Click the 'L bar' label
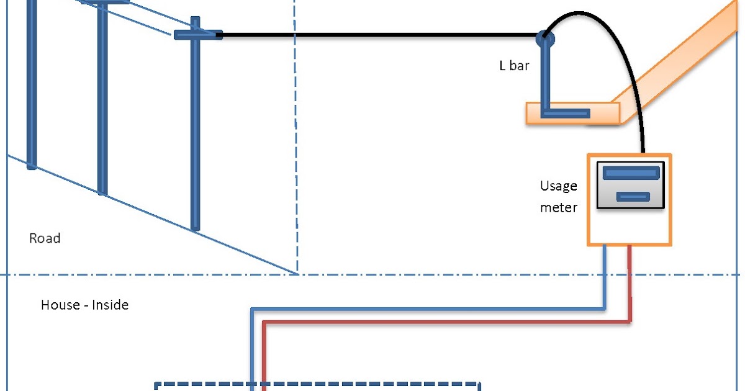pos(514,66)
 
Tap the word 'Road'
pos(45,238)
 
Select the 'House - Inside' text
pos(85,305)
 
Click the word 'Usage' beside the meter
pos(558,186)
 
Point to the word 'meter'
pos(559,207)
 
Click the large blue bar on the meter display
pos(631,173)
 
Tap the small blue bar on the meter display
pos(633,197)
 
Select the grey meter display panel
pos(631,185)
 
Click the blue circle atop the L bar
pos(546,39)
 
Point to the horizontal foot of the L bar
pos(566,114)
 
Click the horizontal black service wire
pos(379,35)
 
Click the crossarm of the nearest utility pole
pos(198,35)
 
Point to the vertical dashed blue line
pos(296,137)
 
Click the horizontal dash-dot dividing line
pos(370,274)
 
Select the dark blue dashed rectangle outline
pos(317,386)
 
